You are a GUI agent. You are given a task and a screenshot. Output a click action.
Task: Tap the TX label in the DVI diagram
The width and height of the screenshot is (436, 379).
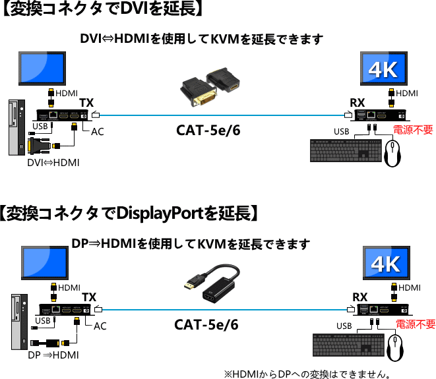coord(86,103)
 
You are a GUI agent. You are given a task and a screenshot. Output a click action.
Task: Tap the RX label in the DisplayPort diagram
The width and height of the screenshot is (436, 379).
coord(360,297)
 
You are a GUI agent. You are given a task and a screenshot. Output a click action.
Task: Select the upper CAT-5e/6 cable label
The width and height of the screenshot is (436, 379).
coord(208,131)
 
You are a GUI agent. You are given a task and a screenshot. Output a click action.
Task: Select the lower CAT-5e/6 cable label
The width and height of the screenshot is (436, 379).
coord(206,325)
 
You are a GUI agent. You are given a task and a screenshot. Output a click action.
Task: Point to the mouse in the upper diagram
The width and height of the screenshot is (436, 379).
coord(393,156)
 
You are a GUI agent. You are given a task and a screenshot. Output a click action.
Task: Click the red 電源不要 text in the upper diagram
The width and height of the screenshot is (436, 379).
coord(413,131)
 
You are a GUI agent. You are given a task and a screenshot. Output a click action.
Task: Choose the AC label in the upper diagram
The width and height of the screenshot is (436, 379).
coord(98,132)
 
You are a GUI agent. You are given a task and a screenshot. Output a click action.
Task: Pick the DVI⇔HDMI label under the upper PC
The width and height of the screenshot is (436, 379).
coord(53,162)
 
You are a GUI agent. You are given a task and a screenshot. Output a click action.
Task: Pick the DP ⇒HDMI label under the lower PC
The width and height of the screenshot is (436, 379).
coord(53,355)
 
